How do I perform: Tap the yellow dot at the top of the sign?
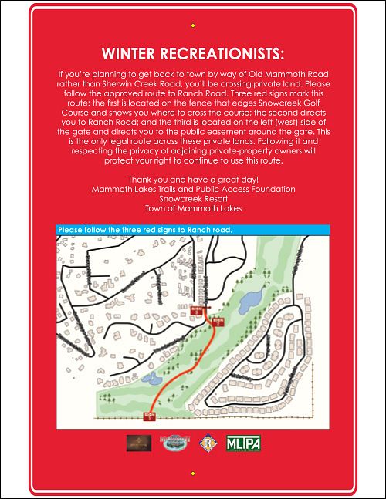193,24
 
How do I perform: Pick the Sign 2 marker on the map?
218,321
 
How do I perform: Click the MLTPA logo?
243,444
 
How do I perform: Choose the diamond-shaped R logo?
207,444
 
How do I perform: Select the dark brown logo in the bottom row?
138,444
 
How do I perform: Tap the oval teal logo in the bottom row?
174,444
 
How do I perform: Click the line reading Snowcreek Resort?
193,198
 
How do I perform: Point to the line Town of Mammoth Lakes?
193,208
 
